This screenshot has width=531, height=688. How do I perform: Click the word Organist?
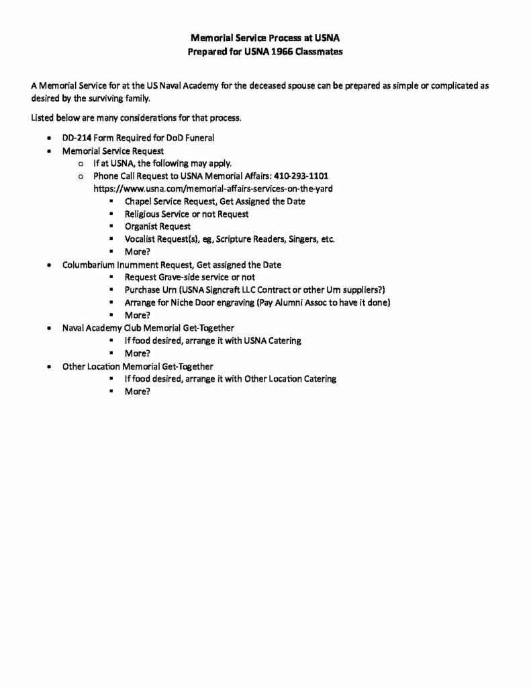[x=142, y=226]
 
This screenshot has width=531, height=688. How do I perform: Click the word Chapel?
[x=138, y=202]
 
